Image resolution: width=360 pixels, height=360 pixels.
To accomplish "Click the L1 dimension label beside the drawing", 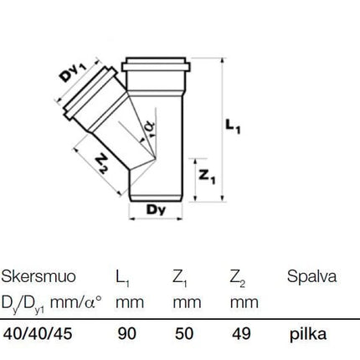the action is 233,127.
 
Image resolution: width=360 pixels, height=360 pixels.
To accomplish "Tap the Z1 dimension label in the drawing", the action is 207,177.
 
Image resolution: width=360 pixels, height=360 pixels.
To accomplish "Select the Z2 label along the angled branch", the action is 101,164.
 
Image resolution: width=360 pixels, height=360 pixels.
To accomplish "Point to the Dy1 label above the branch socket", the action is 73,72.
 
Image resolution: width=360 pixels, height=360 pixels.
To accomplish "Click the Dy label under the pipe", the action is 156,209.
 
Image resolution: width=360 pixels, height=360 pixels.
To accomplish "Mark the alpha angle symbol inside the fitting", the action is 150,129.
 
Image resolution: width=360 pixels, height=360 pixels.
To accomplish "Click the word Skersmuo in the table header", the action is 39,276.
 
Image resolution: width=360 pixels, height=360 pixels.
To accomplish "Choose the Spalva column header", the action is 311,277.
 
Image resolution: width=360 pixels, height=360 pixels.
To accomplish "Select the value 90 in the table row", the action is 127,333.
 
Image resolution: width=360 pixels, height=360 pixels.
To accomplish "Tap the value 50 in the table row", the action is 184,333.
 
